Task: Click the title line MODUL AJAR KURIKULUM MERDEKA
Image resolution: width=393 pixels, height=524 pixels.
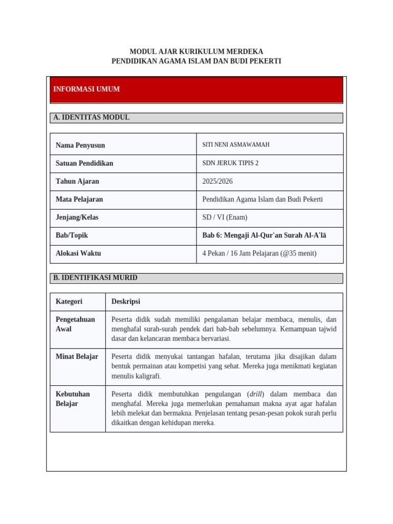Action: click(x=196, y=52)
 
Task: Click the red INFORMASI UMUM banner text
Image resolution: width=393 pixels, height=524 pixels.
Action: click(x=86, y=89)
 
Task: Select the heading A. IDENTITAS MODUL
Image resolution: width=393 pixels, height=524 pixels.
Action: click(x=92, y=117)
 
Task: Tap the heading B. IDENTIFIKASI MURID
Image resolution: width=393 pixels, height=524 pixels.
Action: click(x=95, y=277)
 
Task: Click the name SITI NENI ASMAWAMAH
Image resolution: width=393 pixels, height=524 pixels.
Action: click(x=236, y=145)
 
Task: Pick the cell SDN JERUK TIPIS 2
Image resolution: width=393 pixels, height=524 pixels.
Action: click(x=230, y=163)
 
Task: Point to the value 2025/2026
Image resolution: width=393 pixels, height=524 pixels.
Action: click(x=217, y=181)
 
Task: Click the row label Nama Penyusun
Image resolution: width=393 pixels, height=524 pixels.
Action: click(x=80, y=145)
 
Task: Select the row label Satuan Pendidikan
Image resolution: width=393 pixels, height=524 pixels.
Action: click(x=84, y=163)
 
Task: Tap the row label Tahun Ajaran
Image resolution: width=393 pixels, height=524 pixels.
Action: click(x=77, y=181)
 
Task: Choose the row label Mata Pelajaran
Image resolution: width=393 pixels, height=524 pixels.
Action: click(x=79, y=199)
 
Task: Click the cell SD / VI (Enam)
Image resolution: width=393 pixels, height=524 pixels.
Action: click(x=225, y=217)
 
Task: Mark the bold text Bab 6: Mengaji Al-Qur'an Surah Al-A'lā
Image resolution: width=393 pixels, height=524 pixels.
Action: click(x=264, y=235)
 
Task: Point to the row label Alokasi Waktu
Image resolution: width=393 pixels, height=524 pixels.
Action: click(x=78, y=253)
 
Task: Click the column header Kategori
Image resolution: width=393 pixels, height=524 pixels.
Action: click(x=69, y=301)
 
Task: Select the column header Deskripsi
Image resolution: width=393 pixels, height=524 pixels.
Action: click(x=126, y=301)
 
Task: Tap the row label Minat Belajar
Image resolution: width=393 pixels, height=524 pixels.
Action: click(x=77, y=356)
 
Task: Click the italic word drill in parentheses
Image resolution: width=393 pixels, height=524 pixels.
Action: click(x=256, y=394)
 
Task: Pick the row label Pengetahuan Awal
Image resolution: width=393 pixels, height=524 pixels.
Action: click(x=75, y=324)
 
